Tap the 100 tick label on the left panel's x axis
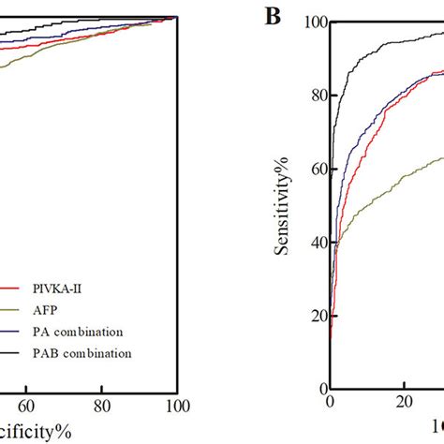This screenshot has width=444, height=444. coord(175,406)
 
